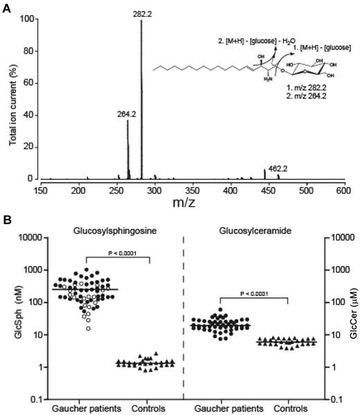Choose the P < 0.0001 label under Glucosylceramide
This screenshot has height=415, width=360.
pos(262,293)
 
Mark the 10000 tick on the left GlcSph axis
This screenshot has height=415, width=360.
pos(25,238)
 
